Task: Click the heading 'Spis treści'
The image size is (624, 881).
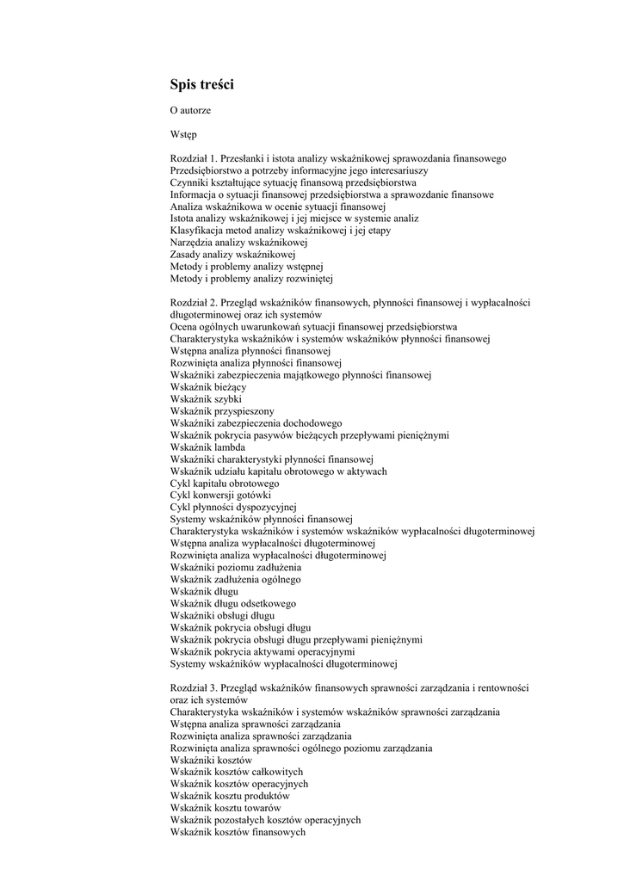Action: point(201,84)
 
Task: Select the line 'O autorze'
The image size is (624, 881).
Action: point(190,111)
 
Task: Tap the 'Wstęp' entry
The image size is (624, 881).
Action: point(183,135)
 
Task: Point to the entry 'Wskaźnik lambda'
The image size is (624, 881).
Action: point(207,447)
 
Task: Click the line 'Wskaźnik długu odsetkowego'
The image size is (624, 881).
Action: point(232,604)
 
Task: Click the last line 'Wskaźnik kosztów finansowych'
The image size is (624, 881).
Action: point(238,833)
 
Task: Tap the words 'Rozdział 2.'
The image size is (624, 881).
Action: point(194,303)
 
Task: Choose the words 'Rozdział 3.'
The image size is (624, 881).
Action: point(194,688)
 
